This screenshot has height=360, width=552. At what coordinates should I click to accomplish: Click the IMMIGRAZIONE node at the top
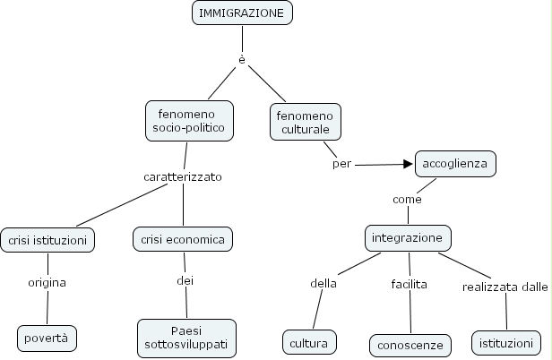pyautogui.click(x=243, y=13)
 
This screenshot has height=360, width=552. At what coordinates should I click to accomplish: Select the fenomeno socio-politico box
pyautogui.click(x=189, y=121)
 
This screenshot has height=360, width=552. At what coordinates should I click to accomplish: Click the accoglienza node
pyautogui.click(x=455, y=165)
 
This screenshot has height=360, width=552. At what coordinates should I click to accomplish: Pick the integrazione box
pyautogui.click(x=409, y=238)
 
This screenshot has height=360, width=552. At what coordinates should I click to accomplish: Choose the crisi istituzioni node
pyautogui.click(x=47, y=240)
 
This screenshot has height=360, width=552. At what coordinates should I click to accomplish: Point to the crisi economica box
pyautogui.click(x=184, y=239)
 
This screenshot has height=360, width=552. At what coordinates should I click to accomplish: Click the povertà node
pyautogui.click(x=47, y=338)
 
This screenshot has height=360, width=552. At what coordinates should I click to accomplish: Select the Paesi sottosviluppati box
pyautogui.click(x=186, y=338)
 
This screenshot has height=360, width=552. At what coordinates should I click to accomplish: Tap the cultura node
pyautogui.click(x=309, y=342)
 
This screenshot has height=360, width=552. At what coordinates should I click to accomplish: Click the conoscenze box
pyautogui.click(x=409, y=344)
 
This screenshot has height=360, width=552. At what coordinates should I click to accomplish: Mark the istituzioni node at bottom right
pyautogui.click(x=506, y=342)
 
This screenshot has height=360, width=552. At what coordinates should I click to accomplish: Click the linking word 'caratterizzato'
pyautogui.click(x=183, y=176)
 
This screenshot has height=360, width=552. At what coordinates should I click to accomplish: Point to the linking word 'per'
pyautogui.click(x=341, y=164)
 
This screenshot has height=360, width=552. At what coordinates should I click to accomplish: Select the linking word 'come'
pyautogui.click(x=407, y=199)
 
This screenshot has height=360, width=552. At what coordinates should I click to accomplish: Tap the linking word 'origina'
pyautogui.click(x=47, y=282)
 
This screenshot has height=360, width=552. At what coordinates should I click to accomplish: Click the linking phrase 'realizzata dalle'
pyautogui.click(x=505, y=287)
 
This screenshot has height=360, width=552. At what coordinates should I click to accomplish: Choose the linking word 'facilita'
pyautogui.click(x=409, y=284)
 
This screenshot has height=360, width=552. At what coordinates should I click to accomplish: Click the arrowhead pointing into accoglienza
pyautogui.click(x=409, y=165)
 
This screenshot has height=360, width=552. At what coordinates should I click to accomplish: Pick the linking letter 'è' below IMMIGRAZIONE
pyautogui.click(x=242, y=59)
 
